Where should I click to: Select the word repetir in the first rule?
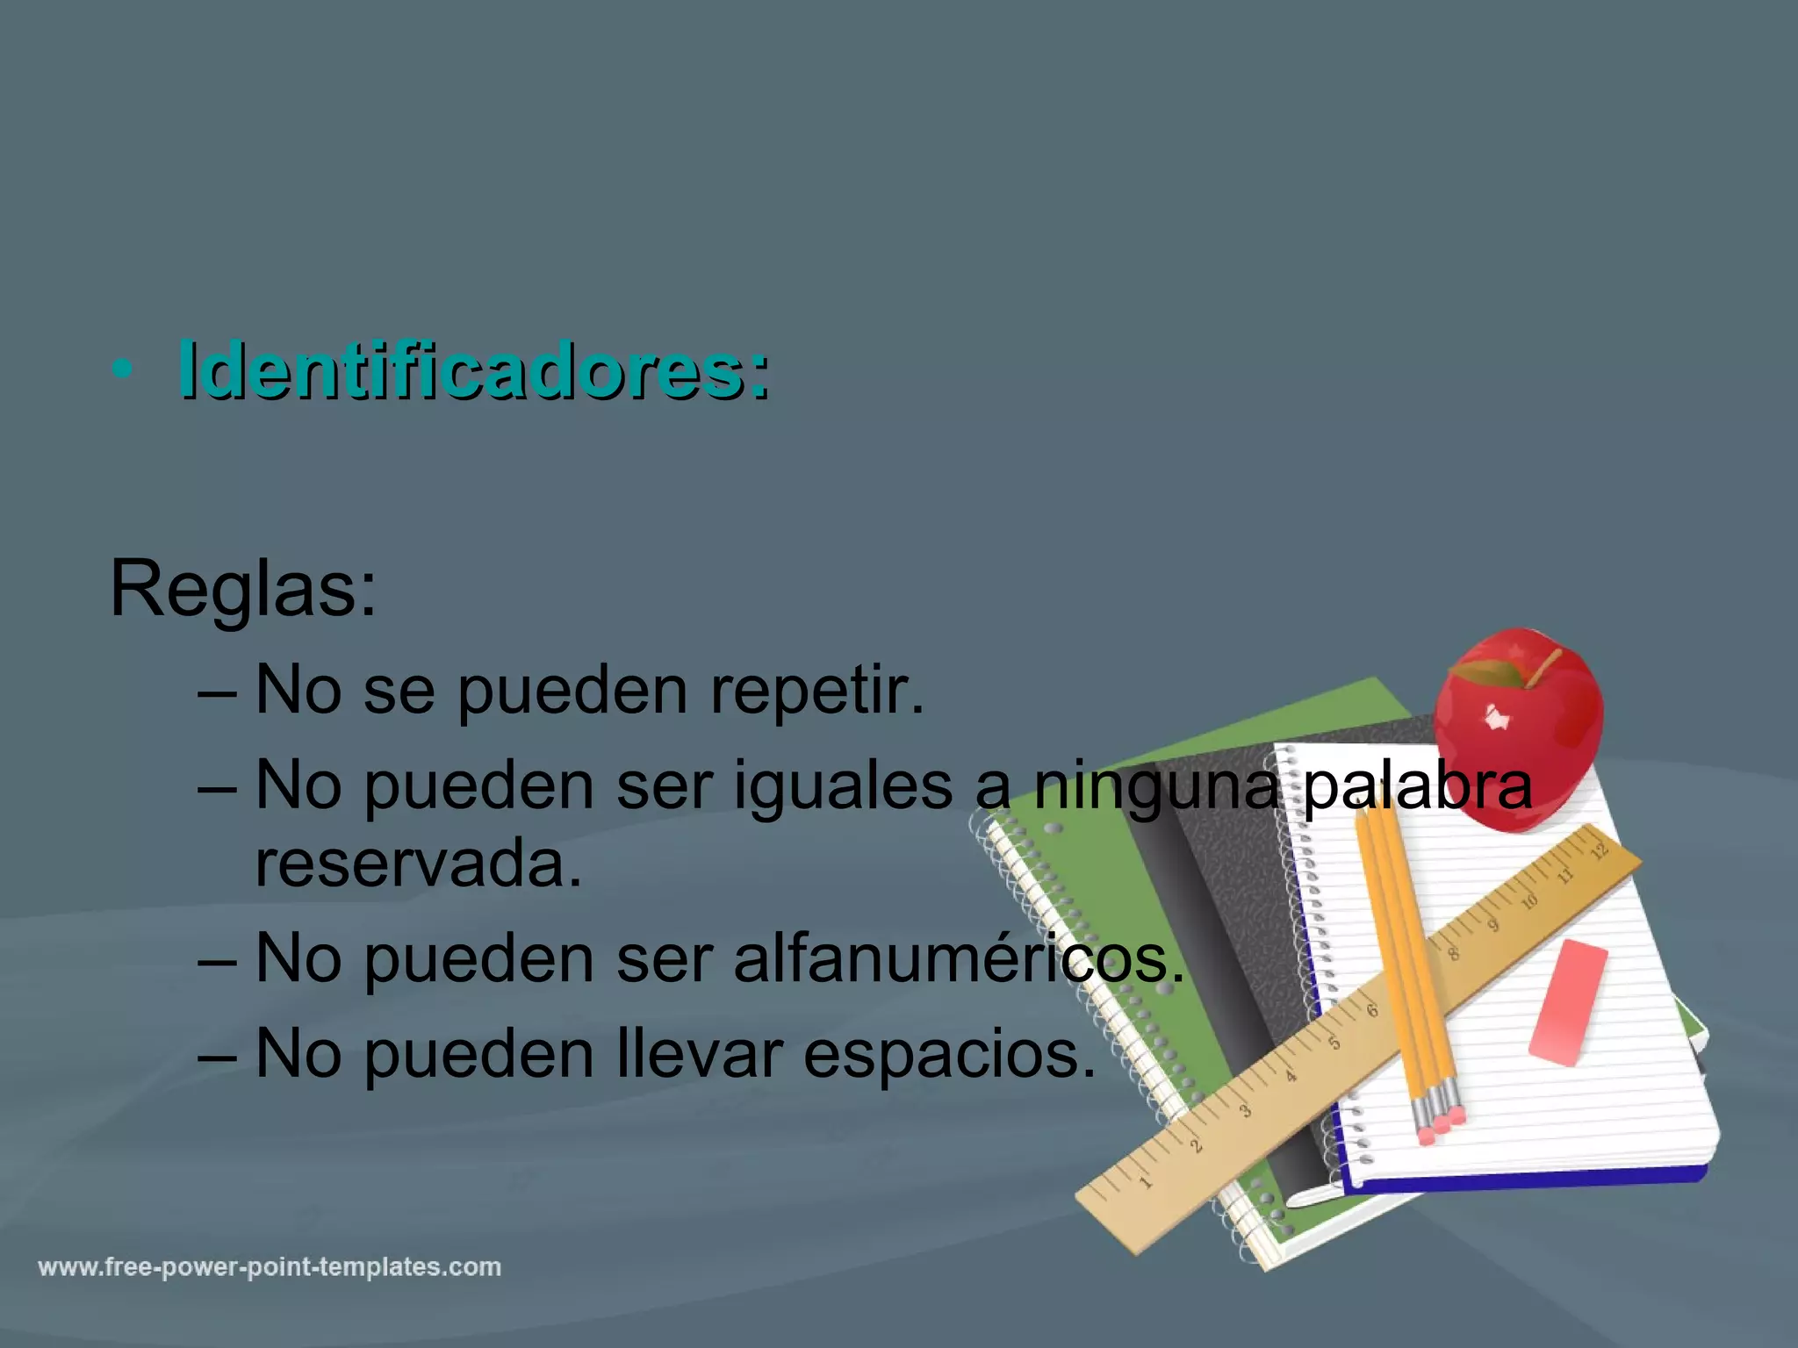[x=816, y=691]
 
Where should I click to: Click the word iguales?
[x=843, y=785]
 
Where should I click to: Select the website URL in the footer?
[x=270, y=1267]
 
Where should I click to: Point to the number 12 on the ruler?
[x=1599, y=850]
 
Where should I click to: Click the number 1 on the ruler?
[x=1145, y=1182]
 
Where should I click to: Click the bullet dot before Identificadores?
[x=122, y=371]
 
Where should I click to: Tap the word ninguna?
[x=1155, y=785]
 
